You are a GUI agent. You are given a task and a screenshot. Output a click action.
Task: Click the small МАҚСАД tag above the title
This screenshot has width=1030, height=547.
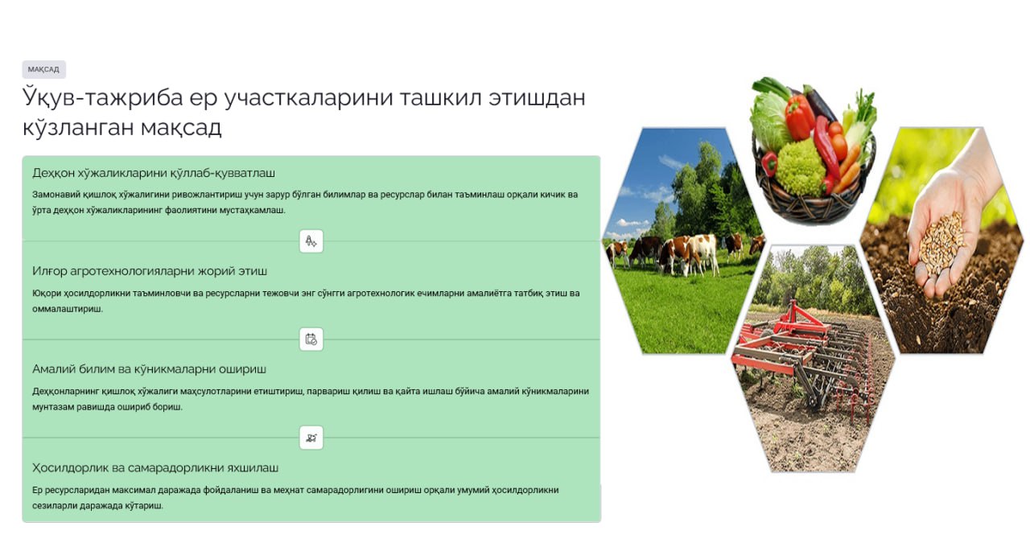point(43,69)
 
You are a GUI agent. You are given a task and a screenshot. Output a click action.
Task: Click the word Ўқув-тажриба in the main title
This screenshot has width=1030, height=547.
point(102,97)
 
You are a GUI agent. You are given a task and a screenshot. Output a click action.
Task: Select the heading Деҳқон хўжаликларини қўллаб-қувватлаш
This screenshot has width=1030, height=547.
point(154,173)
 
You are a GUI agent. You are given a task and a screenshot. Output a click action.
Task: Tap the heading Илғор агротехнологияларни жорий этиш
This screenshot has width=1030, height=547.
point(150,271)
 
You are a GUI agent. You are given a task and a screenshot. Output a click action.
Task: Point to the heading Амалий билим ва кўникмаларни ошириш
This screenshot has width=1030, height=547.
point(149,369)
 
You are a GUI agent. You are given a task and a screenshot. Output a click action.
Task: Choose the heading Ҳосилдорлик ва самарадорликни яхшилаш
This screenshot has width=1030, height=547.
point(155,467)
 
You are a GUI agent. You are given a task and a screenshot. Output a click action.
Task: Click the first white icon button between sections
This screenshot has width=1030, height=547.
point(311,241)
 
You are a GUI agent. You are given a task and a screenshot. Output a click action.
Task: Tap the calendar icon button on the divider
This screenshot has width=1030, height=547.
point(311,339)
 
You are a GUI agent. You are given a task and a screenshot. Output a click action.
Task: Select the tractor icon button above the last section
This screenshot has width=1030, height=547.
point(311,438)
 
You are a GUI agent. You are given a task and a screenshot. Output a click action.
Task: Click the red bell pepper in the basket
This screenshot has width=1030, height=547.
point(799,117)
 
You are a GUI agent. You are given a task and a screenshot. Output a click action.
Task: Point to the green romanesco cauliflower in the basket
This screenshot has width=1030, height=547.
point(801,168)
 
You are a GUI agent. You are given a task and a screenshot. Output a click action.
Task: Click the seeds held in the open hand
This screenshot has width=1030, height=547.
point(941,244)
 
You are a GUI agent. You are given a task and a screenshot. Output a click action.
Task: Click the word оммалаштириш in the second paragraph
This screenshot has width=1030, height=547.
point(68,309)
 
